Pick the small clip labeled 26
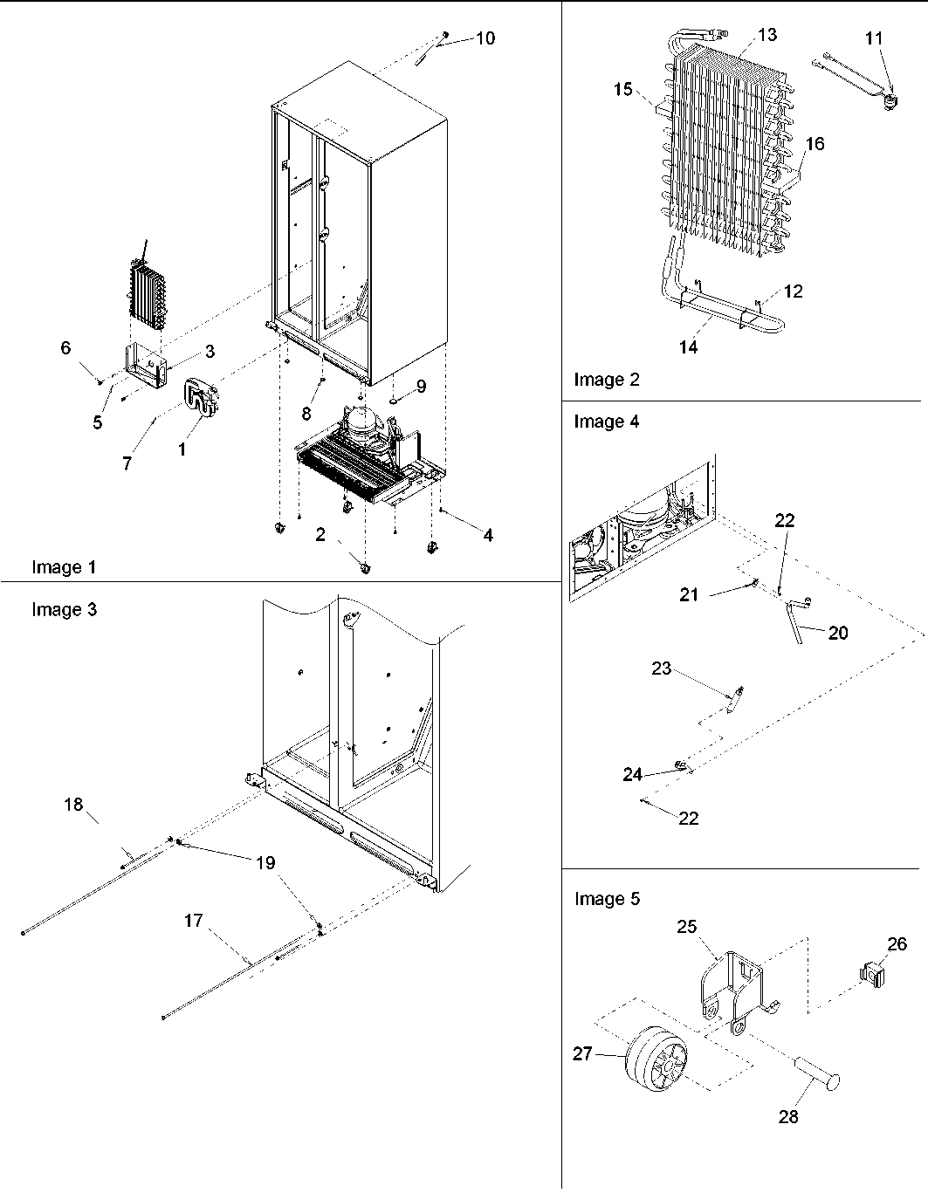[871, 971]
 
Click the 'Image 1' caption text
[64, 567]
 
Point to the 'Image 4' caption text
[606, 422]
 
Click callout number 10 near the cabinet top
[485, 38]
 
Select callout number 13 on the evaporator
[766, 35]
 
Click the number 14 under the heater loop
[688, 347]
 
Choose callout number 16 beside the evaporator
[814, 144]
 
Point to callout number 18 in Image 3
[73, 804]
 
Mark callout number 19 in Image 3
[265, 862]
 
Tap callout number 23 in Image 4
[662, 669]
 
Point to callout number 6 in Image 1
[65, 347]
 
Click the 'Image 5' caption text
[606, 899]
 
